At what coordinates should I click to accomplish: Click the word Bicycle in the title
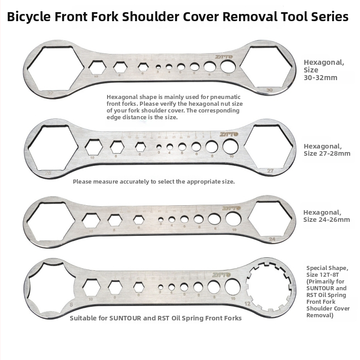pos(28,17)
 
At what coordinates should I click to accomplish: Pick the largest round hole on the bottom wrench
pos(233,286)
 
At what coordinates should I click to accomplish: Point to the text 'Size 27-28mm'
pos(327,153)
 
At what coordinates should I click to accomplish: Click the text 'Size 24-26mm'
pos(326,220)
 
